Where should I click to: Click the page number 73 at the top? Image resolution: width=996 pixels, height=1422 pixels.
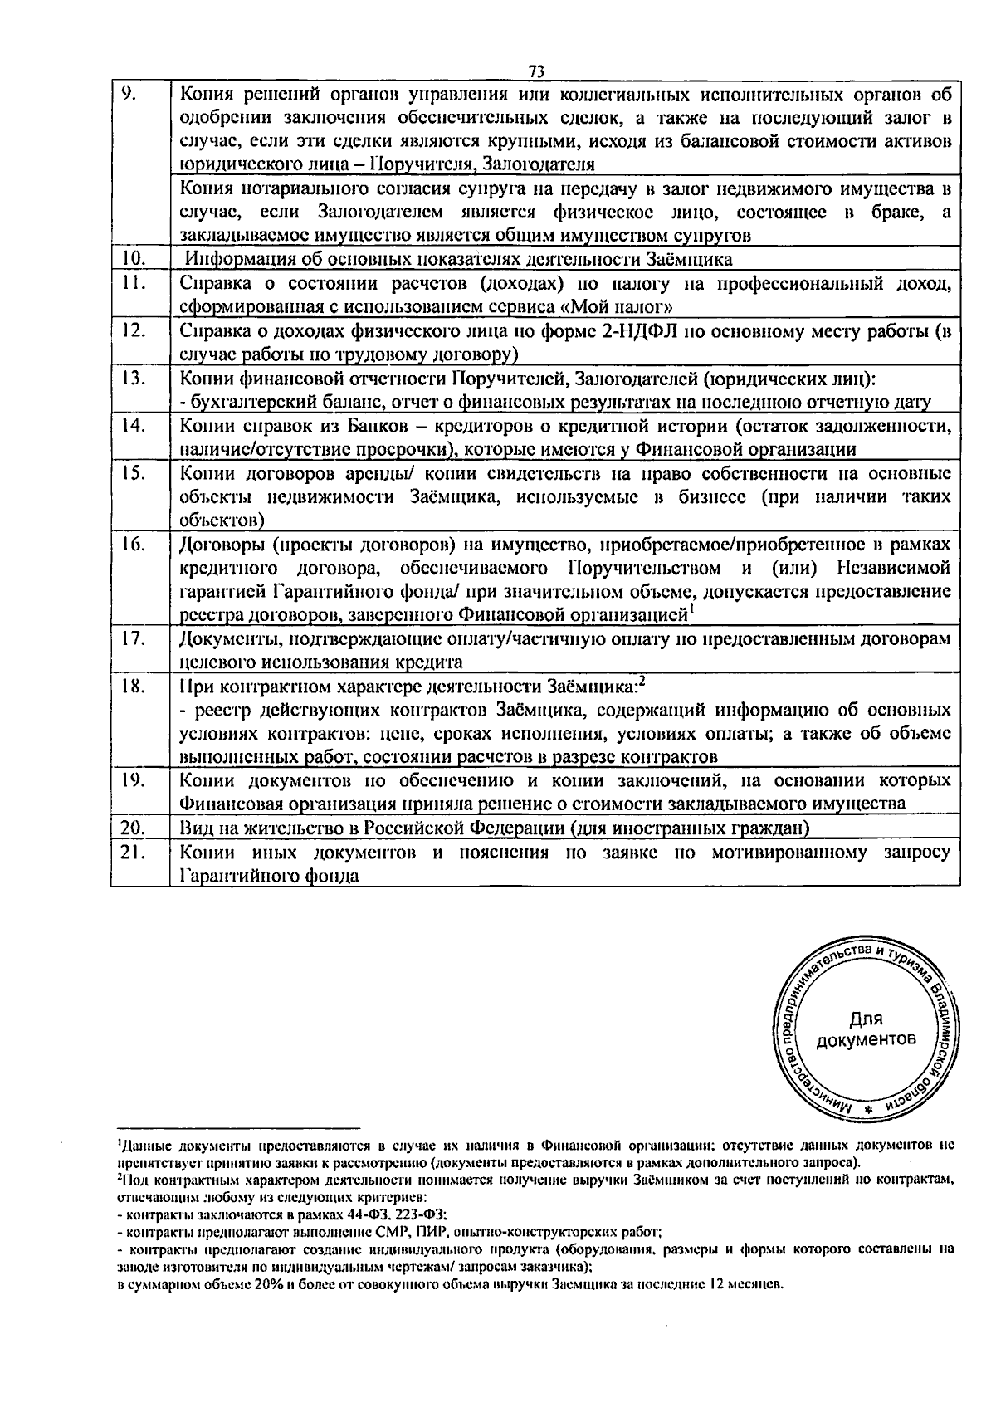tap(535, 71)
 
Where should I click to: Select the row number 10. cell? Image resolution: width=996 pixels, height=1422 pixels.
tap(133, 259)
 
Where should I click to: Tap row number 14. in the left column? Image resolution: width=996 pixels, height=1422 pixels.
tap(133, 426)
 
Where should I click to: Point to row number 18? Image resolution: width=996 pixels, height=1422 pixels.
tap(133, 687)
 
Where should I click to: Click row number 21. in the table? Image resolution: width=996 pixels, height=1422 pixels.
tap(133, 853)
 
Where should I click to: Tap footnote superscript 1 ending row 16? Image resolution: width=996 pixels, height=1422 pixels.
tap(691, 611)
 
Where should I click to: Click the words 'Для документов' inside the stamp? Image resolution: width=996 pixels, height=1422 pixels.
tap(866, 1029)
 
